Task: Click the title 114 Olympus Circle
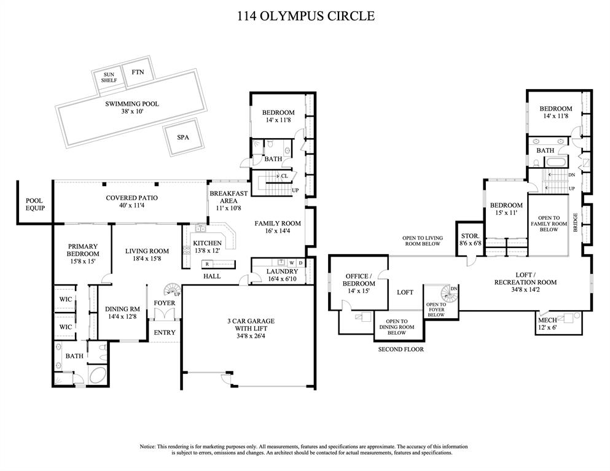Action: [305, 16]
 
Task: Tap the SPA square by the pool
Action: [182, 138]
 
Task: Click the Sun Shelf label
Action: [109, 77]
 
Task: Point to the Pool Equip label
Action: [34, 205]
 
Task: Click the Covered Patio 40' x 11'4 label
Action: [131, 202]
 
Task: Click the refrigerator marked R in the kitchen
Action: [208, 263]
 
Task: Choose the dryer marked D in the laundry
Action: [301, 262]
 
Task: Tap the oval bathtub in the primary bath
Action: [97, 375]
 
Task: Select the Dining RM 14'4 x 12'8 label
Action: [124, 313]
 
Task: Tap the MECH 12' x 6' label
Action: [548, 324]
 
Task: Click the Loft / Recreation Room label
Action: [525, 279]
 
